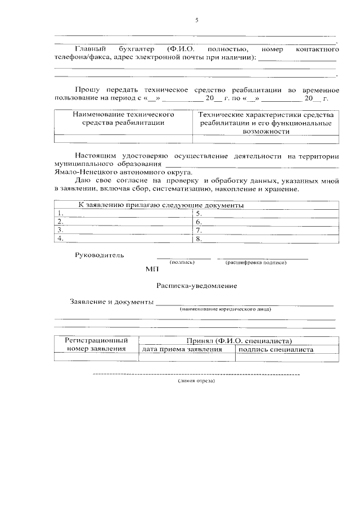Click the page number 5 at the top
click(197, 21)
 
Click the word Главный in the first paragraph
click(91, 49)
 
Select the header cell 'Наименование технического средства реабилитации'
click(123, 118)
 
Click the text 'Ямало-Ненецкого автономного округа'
click(123, 172)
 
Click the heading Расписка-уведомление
click(197, 286)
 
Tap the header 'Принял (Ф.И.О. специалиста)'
click(239, 341)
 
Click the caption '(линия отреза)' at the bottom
click(196, 380)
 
